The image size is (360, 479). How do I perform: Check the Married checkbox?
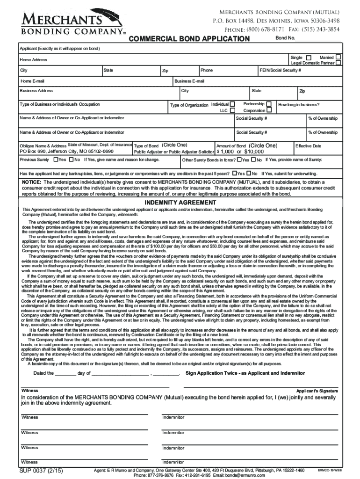[x=338, y=57]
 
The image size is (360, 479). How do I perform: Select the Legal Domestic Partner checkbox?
[x=338, y=63]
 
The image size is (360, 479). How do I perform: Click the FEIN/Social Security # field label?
[x=280, y=70]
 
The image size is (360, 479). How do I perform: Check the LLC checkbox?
[x=233, y=111]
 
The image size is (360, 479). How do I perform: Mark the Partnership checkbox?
[x=268, y=103]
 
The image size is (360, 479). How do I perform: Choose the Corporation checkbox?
[x=268, y=111]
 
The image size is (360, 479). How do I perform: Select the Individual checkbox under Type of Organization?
[x=233, y=104]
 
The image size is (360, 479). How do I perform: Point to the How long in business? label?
[x=299, y=105]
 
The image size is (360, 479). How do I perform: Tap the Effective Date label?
[x=308, y=146]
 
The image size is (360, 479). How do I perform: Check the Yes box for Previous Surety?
[x=57, y=160]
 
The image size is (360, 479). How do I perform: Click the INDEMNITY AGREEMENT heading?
[x=180, y=203]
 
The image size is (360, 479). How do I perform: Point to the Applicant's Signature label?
[x=317, y=391]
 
